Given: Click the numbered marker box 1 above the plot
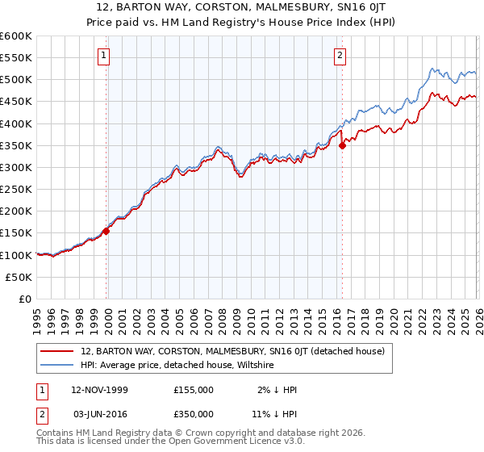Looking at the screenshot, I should [104, 56].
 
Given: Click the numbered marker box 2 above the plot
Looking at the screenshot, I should [340, 56].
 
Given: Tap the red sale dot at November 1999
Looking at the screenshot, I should [106, 231].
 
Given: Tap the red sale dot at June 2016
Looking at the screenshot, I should [342, 146].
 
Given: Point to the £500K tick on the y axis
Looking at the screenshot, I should [15, 80].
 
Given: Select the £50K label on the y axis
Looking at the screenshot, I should [18, 277].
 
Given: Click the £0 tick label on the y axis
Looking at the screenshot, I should [24, 299].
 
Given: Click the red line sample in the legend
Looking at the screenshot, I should [58, 351].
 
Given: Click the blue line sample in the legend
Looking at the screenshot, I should [58, 365].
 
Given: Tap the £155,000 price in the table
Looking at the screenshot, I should [194, 390].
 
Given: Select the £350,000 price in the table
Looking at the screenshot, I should [194, 413].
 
